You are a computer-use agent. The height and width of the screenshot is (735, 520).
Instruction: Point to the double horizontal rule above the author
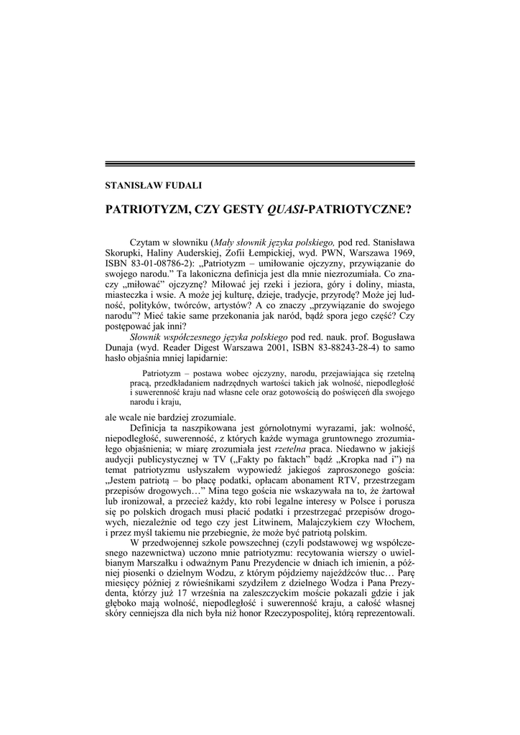click(x=260, y=164)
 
